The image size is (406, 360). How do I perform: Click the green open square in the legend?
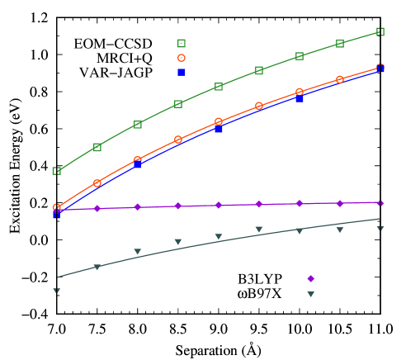182,44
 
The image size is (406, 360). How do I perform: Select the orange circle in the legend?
182,59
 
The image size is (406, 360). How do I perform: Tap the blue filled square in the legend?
182,73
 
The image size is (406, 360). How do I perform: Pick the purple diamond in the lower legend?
311,279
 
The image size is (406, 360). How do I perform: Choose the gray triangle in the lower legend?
311,294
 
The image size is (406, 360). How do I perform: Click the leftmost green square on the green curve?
57,171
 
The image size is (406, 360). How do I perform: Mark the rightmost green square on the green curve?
380,31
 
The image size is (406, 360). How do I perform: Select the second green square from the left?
97,147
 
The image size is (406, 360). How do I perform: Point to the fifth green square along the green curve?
219,86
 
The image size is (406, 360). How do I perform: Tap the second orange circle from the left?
97,182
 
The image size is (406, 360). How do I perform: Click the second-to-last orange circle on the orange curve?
340,79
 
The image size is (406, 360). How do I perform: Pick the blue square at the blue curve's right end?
380,69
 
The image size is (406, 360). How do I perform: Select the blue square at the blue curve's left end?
57,215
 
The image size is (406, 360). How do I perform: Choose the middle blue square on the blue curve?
219,130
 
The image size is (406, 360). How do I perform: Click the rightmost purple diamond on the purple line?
380,202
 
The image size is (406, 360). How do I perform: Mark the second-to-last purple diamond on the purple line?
340,203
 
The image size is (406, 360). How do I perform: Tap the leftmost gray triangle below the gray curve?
57,291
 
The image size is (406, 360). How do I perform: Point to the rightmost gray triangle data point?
380,229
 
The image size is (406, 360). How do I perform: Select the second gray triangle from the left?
97,267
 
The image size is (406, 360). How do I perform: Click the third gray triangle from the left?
138,251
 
